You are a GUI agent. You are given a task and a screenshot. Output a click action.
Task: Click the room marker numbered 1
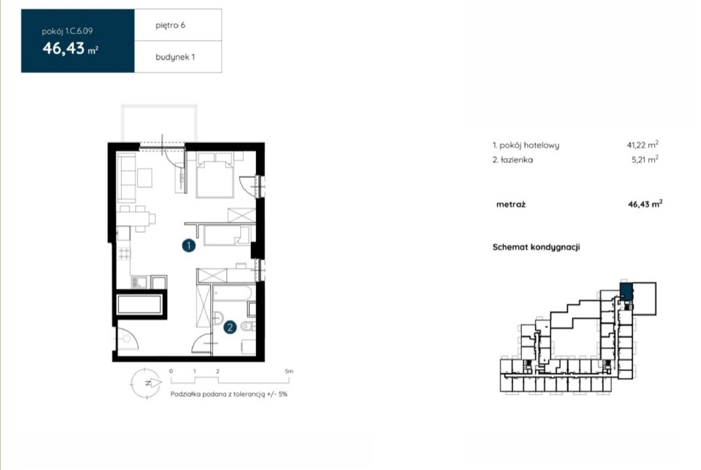click(x=189, y=245)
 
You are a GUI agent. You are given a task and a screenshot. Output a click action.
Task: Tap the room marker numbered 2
click(x=230, y=328)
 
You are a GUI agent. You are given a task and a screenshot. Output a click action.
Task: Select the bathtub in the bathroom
click(x=232, y=293)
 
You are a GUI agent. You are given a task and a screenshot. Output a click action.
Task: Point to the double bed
click(x=215, y=175)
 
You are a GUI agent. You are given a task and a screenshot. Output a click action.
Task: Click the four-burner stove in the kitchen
click(x=124, y=254)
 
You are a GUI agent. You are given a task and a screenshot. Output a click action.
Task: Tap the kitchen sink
click(x=139, y=282)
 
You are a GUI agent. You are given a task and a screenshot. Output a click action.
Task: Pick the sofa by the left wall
click(x=126, y=177)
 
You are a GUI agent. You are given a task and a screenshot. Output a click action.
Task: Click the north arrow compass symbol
click(x=146, y=383)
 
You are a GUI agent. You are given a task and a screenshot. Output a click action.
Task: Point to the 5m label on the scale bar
click(x=289, y=371)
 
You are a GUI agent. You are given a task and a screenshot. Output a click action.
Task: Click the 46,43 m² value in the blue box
click(x=70, y=48)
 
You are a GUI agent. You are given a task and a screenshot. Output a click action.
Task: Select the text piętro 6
click(x=170, y=26)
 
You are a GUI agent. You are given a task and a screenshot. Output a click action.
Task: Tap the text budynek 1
click(x=175, y=57)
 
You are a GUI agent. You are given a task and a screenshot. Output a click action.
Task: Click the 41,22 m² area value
click(x=642, y=144)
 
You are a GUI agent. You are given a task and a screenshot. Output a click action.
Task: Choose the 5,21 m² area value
click(x=645, y=159)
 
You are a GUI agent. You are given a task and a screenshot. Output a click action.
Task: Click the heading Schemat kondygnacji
click(x=536, y=247)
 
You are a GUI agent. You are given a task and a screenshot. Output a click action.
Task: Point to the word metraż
click(x=510, y=204)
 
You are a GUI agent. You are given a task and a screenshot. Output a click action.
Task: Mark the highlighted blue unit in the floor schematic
click(x=626, y=291)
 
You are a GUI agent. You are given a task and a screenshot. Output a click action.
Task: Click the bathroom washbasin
click(x=217, y=318)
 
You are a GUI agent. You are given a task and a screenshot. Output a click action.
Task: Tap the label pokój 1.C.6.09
click(x=67, y=31)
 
